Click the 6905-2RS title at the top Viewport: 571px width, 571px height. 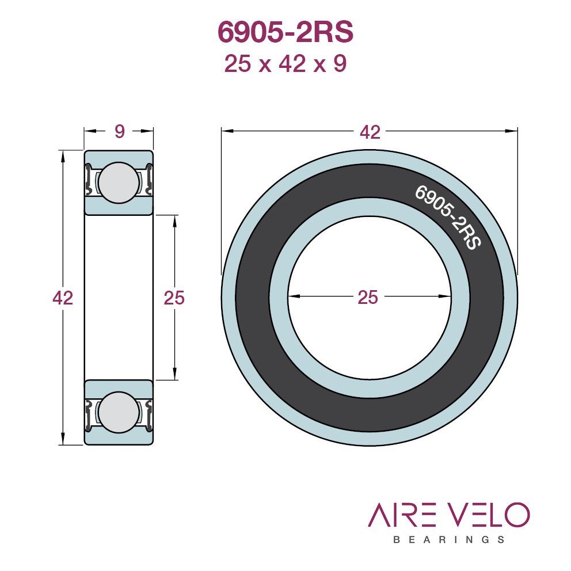[285, 32]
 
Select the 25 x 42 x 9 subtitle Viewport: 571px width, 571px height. [285, 64]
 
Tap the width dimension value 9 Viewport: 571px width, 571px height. [120, 131]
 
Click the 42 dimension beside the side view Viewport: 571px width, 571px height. [63, 298]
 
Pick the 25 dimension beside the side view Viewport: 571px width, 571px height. [174, 298]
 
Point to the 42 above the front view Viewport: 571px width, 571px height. [370, 132]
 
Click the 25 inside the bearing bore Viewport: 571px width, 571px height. [368, 297]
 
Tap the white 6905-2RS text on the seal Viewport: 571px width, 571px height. [448, 218]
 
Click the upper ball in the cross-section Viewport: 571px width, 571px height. [119, 182]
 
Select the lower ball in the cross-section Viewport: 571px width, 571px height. [119, 412]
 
